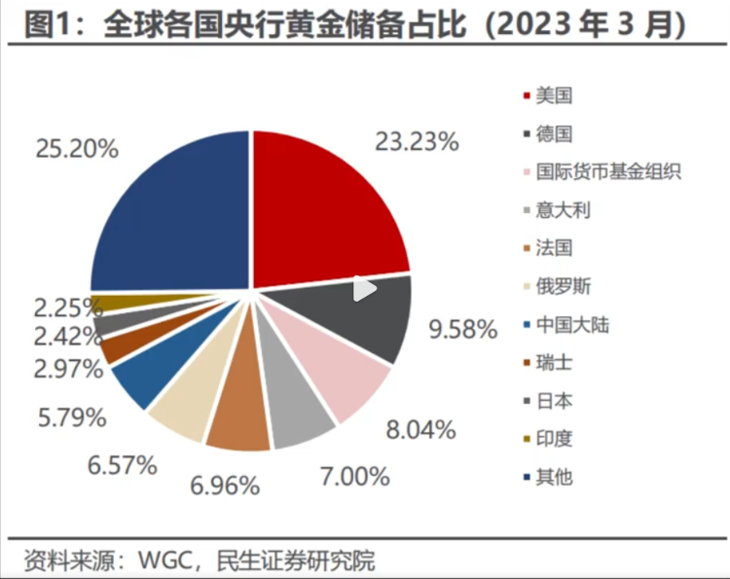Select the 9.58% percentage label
463,329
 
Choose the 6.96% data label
226,484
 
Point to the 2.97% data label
67,369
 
